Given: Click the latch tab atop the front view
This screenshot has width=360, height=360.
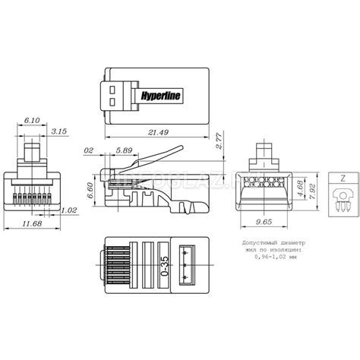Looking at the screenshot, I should click(32, 149).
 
